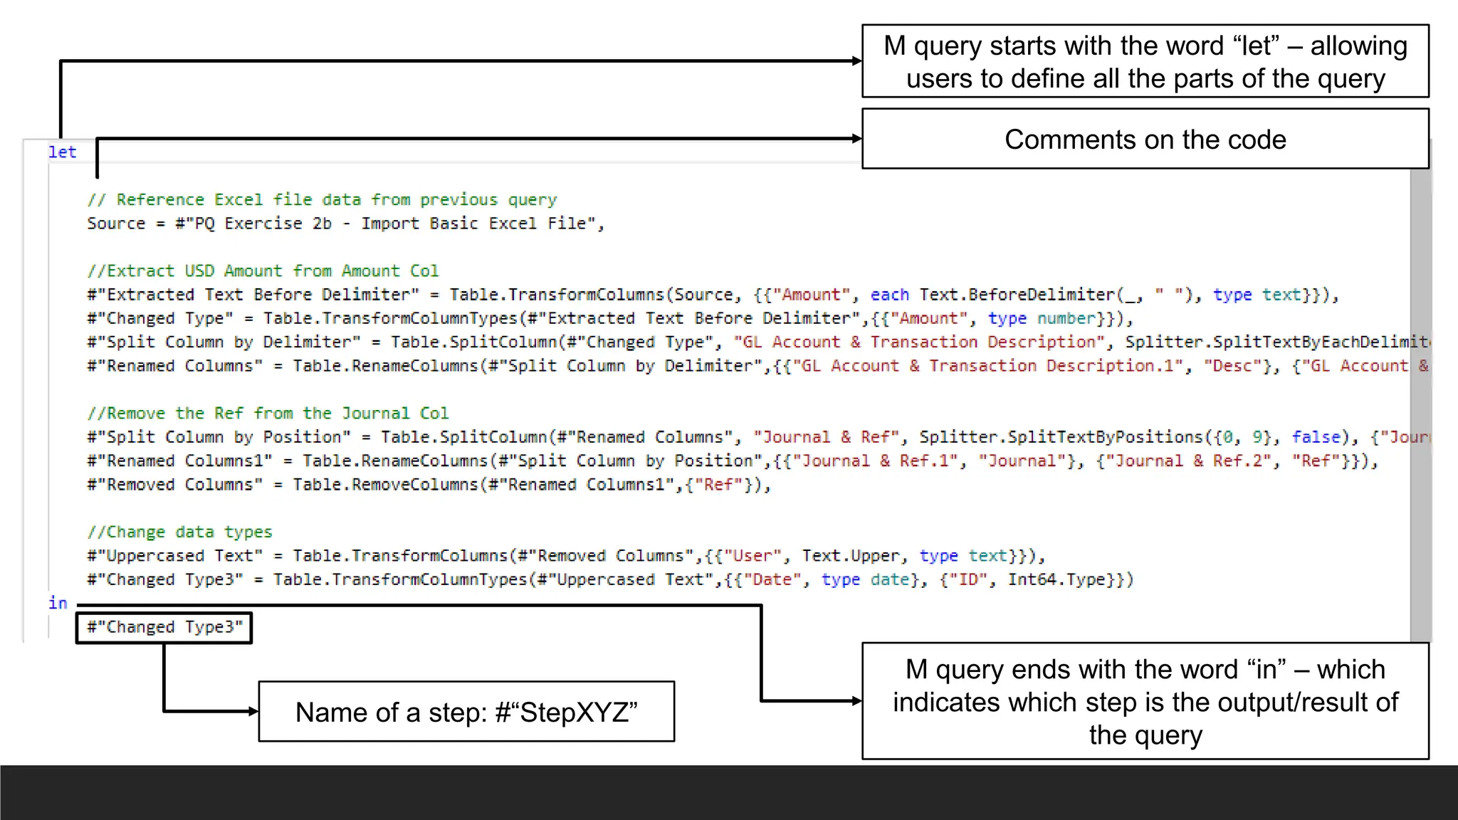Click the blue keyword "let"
click(x=62, y=152)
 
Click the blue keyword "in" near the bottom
click(x=58, y=603)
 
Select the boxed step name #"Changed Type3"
click(x=164, y=627)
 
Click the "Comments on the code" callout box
click(x=1145, y=140)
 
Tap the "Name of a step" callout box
click(x=466, y=712)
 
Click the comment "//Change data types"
click(x=179, y=532)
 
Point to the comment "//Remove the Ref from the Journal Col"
click(x=268, y=413)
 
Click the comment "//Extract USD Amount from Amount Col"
click(x=263, y=270)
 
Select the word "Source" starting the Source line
click(x=116, y=224)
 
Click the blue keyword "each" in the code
click(x=889, y=295)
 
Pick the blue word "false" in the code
click(x=1316, y=437)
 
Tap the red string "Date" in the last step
click(x=772, y=579)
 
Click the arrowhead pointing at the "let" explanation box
click(x=857, y=61)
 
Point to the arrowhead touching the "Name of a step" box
click(x=253, y=711)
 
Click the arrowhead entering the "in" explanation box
click(x=857, y=701)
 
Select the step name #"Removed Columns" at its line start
click(x=174, y=485)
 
